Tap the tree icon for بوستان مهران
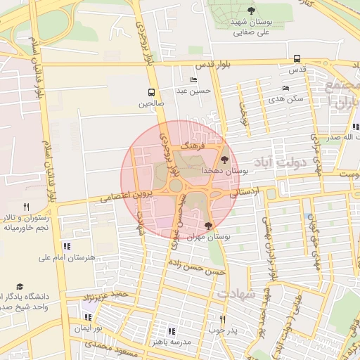(208, 226)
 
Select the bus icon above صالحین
(151, 92)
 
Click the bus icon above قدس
(297, 59)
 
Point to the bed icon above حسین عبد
(193, 80)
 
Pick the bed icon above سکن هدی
(285, 88)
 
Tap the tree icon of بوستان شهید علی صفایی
(251, 10)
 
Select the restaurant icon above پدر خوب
(223, 319)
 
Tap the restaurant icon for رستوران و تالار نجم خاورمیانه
(27, 207)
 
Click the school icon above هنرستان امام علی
(67, 246)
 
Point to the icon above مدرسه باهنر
(170, 330)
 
